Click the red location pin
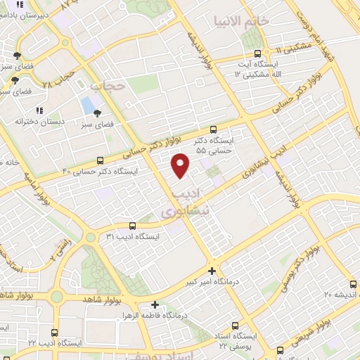(x=181, y=165)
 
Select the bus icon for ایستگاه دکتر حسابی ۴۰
(x=100, y=160)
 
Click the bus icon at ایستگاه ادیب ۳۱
(x=133, y=226)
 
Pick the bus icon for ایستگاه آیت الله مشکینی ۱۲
(x=257, y=53)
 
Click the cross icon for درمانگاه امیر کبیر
(x=212, y=270)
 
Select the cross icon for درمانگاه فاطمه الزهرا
(x=155, y=305)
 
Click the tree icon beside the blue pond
(x=97, y=112)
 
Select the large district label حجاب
(x=108, y=86)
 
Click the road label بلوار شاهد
(x=103, y=301)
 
